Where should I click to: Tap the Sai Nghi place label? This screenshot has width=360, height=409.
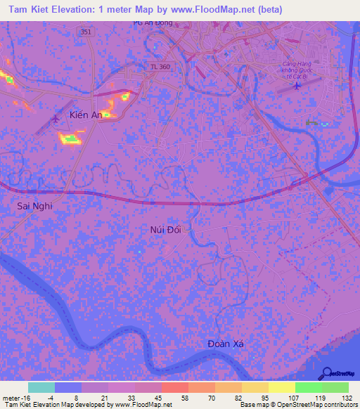point(35,207)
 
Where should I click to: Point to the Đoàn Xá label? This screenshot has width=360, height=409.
point(229,344)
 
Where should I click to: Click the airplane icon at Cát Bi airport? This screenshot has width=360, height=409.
point(296,86)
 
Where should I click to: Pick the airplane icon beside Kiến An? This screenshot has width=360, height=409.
point(56,118)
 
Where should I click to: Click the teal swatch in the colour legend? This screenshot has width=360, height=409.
point(41,387)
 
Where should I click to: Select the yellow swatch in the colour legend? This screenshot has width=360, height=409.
point(281,387)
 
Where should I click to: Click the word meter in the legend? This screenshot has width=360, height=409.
point(11,396)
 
